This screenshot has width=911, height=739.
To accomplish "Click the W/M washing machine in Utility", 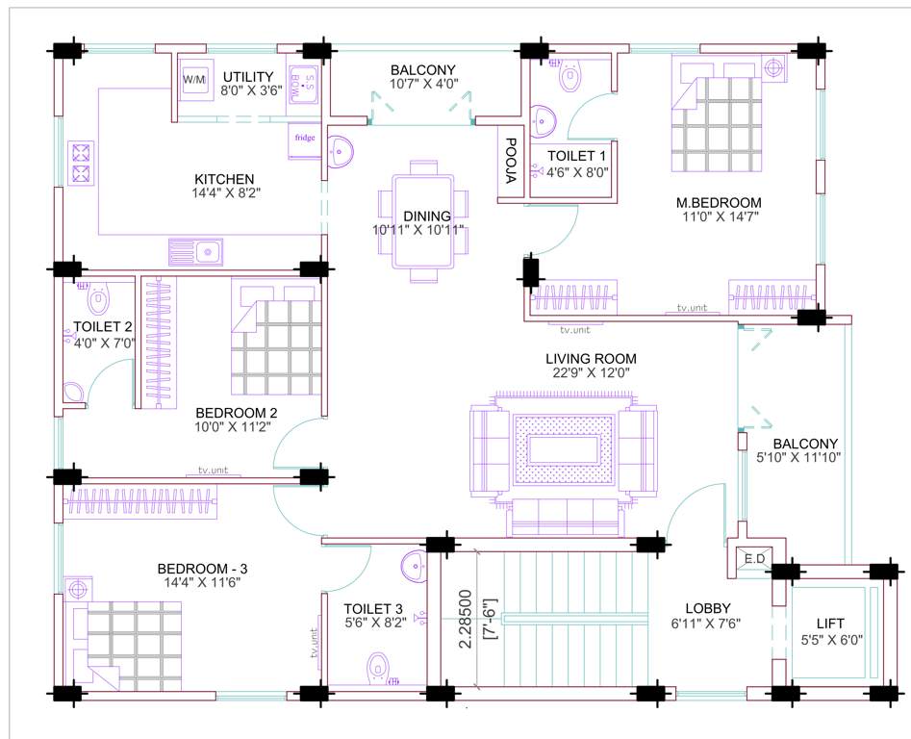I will pyautogui.click(x=194, y=78).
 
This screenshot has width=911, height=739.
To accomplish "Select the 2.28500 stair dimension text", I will pyautogui.click(x=466, y=618).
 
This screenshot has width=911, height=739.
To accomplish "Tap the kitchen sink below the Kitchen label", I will pyautogui.click(x=196, y=252).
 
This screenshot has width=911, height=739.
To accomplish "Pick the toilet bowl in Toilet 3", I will pyautogui.click(x=379, y=666).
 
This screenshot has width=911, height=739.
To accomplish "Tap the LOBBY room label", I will pyautogui.click(x=708, y=608).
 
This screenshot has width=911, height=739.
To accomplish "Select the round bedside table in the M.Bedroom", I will pyautogui.click(x=774, y=68).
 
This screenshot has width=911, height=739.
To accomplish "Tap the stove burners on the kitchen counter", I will pyautogui.click(x=81, y=163).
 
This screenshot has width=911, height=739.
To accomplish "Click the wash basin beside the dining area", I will pyautogui.click(x=340, y=150).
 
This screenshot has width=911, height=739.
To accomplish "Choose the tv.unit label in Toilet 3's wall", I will pyautogui.click(x=315, y=642).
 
